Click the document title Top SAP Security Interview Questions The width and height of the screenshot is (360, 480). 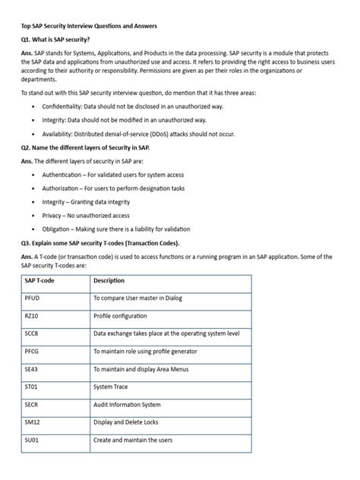point(89,26)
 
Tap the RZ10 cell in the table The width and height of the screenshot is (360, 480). point(33,315)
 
